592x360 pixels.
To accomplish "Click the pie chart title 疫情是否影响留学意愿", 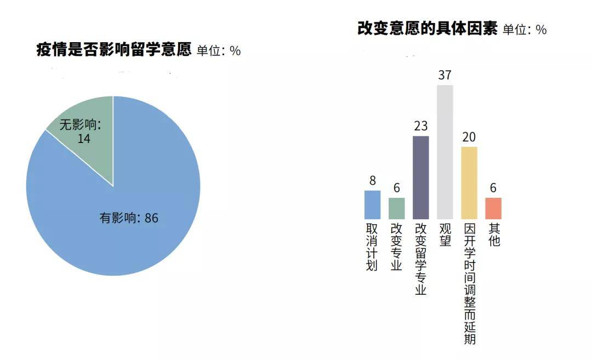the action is coord(114,49).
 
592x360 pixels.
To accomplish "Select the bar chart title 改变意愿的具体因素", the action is coord(428,28).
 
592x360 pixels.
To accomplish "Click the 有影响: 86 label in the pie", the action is coord(129,218).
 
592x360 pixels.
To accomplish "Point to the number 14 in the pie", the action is coord(84,139).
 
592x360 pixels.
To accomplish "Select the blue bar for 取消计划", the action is coord(372,204).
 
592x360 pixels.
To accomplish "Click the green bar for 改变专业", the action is coord(396,208).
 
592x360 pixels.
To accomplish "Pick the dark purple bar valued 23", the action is coord(420,178).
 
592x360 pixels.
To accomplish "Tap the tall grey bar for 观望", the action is coord(445,152).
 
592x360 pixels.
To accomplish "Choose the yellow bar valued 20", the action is coord(469,183).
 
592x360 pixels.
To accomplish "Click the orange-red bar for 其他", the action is coord(493,208).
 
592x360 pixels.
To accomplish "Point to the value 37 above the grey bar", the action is coord(445,75).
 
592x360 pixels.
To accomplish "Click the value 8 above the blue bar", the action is coord(373,181).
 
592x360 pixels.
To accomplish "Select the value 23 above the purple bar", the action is coord(420,125).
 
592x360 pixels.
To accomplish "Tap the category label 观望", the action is coord(445,235).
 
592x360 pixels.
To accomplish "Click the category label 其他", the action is coord(494,235).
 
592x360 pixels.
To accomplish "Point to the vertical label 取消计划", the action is coord(372,247).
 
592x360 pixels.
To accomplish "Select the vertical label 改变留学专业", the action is coord(420,259).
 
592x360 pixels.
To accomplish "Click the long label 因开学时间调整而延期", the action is coord(469,283).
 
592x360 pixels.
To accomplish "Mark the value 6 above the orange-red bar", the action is coord(493,188).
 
